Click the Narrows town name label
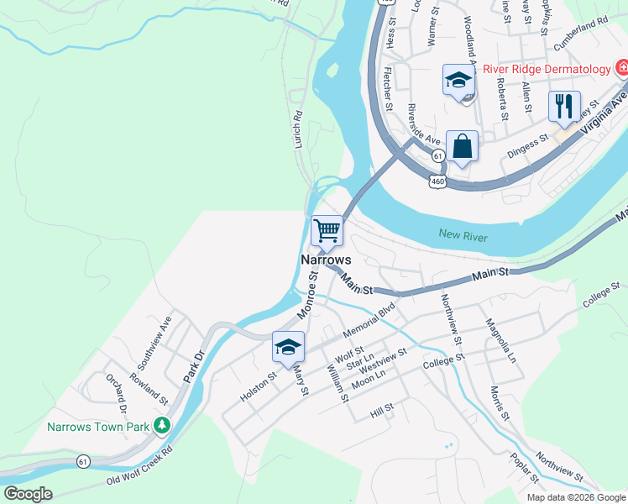tap(326, 260)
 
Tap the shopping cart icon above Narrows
tap(327, 229)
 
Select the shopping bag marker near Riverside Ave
tap(462, 146)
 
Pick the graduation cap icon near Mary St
tap(288, 348)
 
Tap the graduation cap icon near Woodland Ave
tap(458, 81)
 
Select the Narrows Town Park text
tap(97, 427)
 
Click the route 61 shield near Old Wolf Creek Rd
tap(82, 461)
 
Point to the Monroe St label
tap(307, 294)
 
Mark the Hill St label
tap(381, 412)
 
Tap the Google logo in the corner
tap(28, 494)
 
